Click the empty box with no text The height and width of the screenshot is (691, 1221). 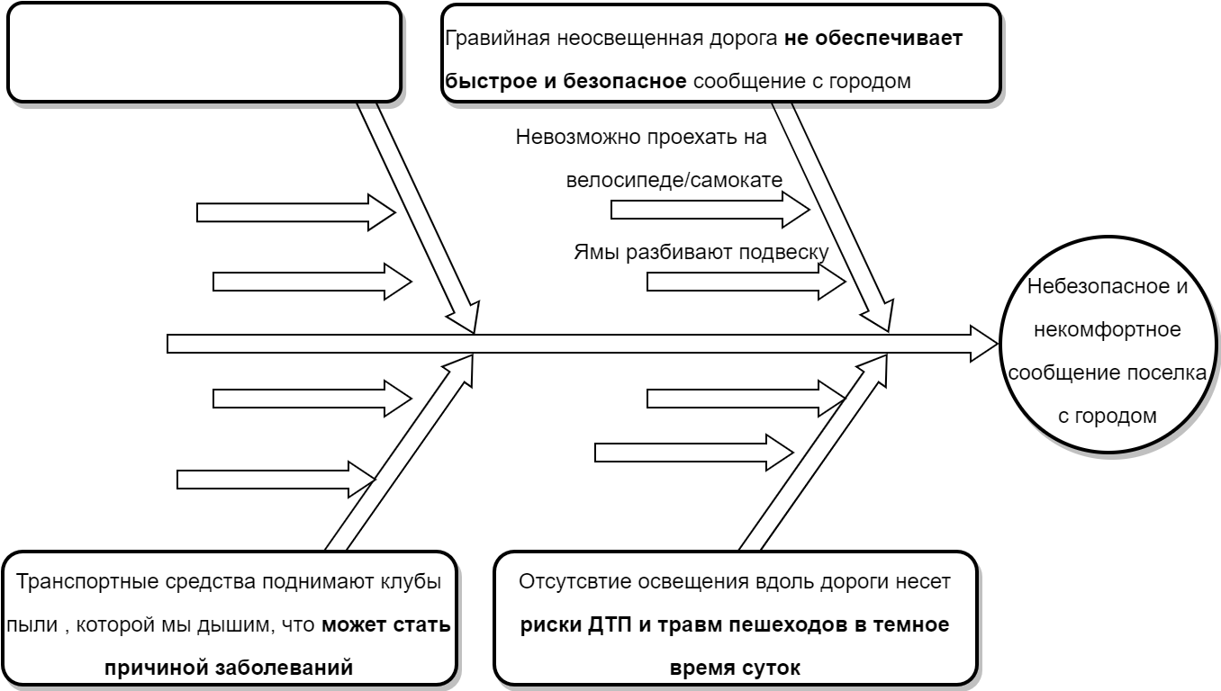[x=203, y=51]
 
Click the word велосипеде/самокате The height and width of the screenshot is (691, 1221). [x=674, y=180]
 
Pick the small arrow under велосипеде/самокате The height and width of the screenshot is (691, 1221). [x=711, y=211]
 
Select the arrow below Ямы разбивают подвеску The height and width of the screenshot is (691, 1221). [x=746, y=282]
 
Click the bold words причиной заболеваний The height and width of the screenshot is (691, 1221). [x=228, y=667]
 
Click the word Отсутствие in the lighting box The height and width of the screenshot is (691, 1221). [x=564, y=580]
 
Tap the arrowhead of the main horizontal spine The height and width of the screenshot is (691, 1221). [x=985, y=344]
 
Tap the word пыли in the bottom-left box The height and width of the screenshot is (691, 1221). [x=27, y=624]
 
